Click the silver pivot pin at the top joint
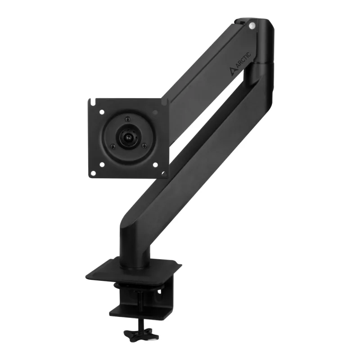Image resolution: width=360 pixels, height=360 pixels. [252, 26]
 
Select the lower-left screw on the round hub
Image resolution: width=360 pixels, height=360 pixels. [113, 146]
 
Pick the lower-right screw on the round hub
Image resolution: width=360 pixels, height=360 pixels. [144, 145]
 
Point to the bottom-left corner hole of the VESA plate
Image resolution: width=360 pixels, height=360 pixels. [93, 172]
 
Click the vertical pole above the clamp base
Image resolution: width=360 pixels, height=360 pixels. [135, 245]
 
